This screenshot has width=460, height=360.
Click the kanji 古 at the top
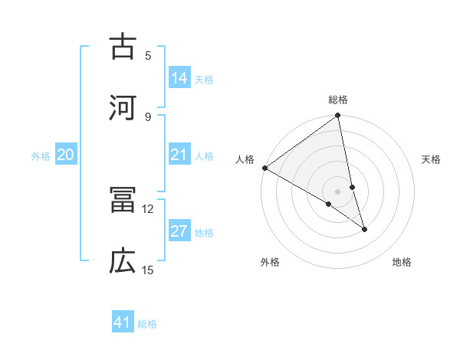(123, 47)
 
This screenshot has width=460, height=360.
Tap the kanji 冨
(123, 201)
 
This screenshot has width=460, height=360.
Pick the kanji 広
(123, 262)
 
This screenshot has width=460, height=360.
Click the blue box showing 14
(179, 78)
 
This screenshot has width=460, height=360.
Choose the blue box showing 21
(179, 155)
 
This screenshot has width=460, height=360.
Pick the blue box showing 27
(179, 232)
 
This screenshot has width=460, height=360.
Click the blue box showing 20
(66, 155)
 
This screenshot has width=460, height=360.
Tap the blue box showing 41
(123, 322)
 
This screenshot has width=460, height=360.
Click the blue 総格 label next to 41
(147, 324)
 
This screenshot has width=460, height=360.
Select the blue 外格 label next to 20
(41, 156)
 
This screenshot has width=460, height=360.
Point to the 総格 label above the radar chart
(338, 100)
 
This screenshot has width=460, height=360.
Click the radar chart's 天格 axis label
(431, 159)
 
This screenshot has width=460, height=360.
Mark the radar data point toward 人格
(264, 168)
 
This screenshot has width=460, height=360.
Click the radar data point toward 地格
(364, 229)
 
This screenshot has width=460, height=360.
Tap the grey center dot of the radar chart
(338, 191)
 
